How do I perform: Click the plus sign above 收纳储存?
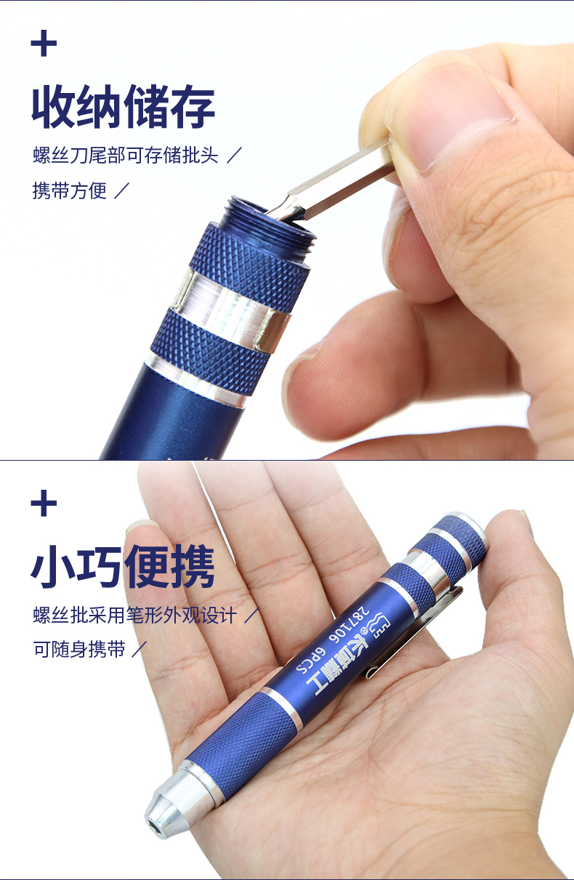coord(44,44)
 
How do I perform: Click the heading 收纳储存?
coord(123,108)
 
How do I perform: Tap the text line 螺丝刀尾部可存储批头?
coord(126,156)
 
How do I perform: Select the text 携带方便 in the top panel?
coord(70,191)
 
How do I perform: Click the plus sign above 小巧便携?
coord(44,504)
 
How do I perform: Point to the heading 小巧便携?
coord(123,567)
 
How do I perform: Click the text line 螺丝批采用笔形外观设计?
coord(135,615)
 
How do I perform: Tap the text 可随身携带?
coord(79,650)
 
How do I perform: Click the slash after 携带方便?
coord(122,191)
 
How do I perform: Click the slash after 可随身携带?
coord(139,650)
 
